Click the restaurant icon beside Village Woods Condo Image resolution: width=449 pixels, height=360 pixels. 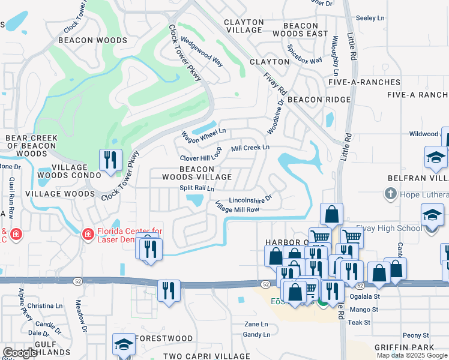(110, 160)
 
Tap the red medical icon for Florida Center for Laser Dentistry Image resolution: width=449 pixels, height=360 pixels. (88, 233)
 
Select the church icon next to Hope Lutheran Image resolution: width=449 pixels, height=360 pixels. (390, 194)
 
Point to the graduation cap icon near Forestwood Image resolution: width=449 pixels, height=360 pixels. (124, 344)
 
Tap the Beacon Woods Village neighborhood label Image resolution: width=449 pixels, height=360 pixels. (196, 173)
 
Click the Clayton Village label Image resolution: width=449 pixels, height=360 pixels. (243, 26)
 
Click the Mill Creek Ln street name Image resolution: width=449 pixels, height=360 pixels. (250, 147)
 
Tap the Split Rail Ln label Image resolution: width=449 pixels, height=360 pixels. (197, 188)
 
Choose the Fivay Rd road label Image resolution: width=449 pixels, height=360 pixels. (275, 83)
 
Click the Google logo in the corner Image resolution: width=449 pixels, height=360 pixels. (20, 353)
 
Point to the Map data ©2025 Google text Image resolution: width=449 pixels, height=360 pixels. (412, 355)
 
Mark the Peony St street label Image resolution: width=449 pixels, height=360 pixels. (416, 335)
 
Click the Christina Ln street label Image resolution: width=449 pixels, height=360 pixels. (41, 305)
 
